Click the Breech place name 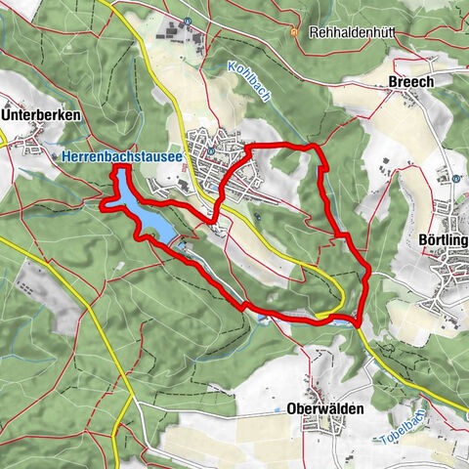coord(410,83)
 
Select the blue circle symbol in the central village coord(209,150)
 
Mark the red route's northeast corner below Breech coord(315,147)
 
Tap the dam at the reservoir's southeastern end coord(174,238)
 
